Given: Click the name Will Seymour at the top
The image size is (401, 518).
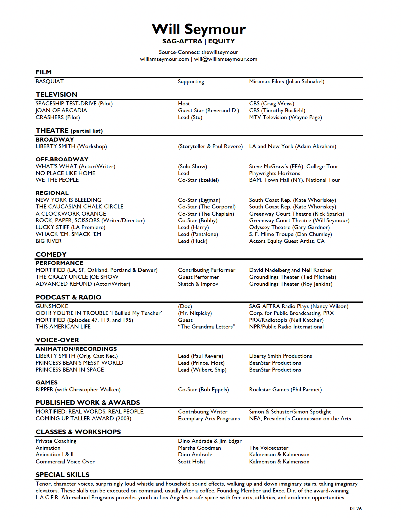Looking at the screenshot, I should click(x=198, y=29).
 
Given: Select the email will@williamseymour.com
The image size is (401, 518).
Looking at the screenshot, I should click(x=226, y=59).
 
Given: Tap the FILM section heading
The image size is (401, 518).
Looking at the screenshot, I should click(x=44, y=72).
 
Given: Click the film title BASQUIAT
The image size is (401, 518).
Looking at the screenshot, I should click(x=49, y=82).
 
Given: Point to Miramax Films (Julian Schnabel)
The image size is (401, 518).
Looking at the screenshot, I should click(x=287, y=82).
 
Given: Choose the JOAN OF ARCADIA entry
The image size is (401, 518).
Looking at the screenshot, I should click(x=61, y=111).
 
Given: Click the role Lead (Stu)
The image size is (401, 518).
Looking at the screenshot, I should click(x=190, y=117).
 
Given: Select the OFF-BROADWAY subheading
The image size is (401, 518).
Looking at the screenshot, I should click(x=62, y=159).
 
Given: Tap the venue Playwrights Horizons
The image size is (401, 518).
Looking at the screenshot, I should click(x=274, y=173).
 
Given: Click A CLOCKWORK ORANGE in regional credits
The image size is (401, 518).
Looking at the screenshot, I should click(x=71, y=214).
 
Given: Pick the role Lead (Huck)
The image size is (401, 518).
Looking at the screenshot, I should click(x=192, y=241).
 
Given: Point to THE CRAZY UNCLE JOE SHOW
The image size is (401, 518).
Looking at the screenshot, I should click(x=77, y=277).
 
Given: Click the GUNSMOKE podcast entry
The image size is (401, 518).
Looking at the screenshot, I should click(x=52, y=306).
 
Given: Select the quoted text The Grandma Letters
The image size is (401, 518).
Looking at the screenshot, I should click(x=207, y=327).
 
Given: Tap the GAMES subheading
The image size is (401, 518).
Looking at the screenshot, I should click(x=47, y=382).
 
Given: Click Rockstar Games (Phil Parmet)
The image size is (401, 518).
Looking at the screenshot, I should click(x=285, y=390).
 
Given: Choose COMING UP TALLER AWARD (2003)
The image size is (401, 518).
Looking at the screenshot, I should click(x=83, y=419).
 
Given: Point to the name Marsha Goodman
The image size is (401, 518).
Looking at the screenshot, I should click(x=199, y=448).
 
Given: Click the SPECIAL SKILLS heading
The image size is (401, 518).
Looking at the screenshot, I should click(x=62, y=475).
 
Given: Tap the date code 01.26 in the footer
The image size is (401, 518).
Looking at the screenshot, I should click(x=356, y=509).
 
